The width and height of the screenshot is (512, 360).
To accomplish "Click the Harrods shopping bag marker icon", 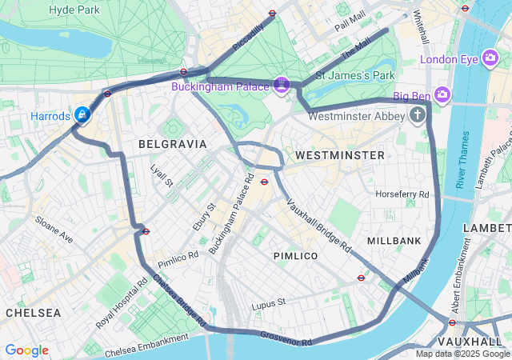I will point(82,116).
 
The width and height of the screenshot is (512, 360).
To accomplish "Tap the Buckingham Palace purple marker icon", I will point(281,84).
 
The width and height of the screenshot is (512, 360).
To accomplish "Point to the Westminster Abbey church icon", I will point(417,115).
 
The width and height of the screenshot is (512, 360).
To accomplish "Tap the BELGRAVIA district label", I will point(173,144).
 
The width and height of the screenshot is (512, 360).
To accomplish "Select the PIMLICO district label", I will point(295,256).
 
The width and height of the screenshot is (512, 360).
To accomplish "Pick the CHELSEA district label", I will point(33,313).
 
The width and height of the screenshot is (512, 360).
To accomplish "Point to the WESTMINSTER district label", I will point(339,154).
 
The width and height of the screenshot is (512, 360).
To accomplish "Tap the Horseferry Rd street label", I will point(402,194).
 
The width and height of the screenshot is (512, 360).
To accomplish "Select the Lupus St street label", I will point(268,303).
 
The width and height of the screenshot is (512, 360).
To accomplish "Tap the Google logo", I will point(26,350).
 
